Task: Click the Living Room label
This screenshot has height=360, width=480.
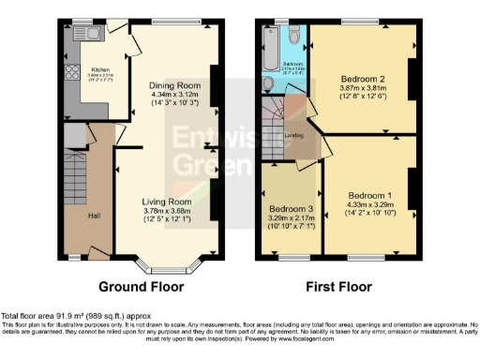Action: pos(166,202)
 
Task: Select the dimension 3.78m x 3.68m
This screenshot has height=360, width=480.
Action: pos(166,211)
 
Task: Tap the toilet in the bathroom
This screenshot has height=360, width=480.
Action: pos(294,37)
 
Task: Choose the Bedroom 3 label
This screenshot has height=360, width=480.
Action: pos(290,208)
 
